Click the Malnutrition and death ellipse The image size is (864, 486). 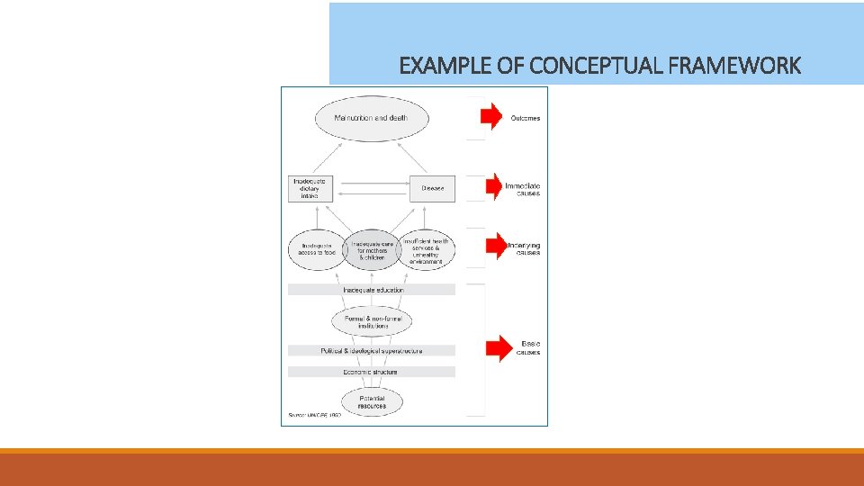tap(371, 118)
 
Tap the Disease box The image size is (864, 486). tap(433, 188)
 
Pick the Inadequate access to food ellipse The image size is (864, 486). tap(316, 249)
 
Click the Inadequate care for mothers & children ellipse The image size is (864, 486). tap(372, 249)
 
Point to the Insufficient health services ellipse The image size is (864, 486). tap(427, 249)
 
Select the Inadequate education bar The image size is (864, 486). tap(372, 290)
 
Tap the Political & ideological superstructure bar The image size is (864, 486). tap(372, 350)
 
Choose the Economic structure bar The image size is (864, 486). tap(372, 372)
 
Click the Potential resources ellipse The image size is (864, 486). tap(372, 401)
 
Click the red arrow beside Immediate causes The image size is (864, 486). tap(493, 187)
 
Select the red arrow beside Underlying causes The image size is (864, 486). tap(494, 247)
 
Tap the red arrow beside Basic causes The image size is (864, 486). tap(499, 347)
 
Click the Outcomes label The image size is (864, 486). tap(526, 119)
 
